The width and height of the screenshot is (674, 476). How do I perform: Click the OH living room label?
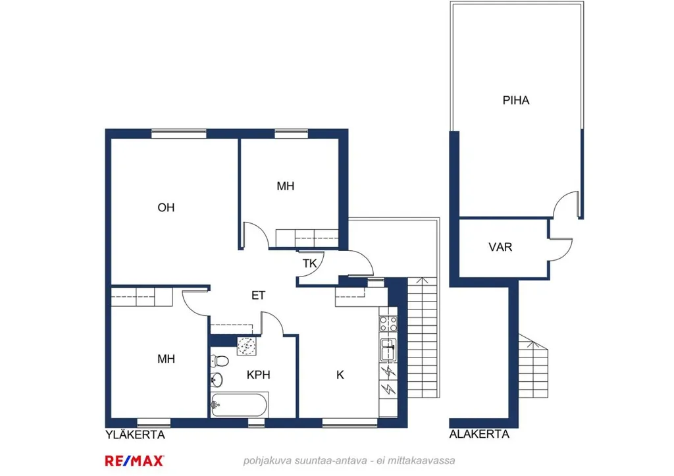coord(166,207)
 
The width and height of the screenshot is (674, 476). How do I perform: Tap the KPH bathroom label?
coord(258,375)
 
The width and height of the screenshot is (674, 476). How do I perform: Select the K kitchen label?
coord(340,375)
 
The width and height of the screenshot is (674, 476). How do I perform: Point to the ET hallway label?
coord(258,296)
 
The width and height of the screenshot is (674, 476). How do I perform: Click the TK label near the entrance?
coord(309,263)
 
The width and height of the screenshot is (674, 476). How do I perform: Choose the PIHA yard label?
coord(516,100)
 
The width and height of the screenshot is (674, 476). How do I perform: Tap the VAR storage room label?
coord(500,248)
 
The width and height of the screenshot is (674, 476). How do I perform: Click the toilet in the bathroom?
coord(219,360)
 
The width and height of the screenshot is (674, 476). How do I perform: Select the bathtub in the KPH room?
coord(239,405)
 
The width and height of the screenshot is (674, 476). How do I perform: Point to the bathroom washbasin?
coord(217,379)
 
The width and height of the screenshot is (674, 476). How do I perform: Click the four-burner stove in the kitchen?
coord(388,324)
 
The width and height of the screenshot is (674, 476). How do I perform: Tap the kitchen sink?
coord(388,349)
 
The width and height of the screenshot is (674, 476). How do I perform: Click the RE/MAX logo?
coord(134,461)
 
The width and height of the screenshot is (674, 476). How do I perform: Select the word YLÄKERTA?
coord(136,435)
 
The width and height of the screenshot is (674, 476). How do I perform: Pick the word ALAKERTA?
coord(479,435)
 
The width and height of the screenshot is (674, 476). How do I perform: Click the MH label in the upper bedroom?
coord(286,186)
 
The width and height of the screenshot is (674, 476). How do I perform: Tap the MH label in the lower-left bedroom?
coord(166,359)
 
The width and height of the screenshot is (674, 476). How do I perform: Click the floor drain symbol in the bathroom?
coord(247,346)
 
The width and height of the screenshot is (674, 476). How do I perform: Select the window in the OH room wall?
coord(179,134)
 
